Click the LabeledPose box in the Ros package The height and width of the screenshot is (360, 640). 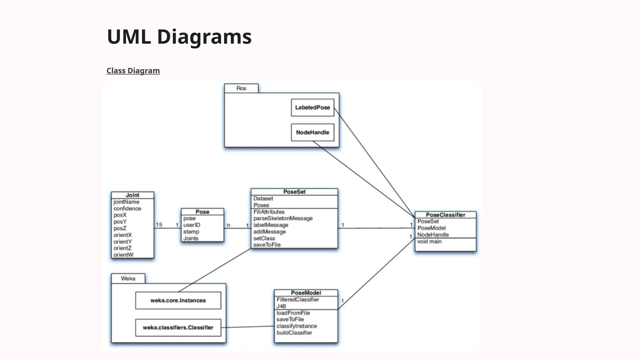point(312,107)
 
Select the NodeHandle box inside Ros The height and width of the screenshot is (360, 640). point(312,132)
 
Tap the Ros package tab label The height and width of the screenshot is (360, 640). point(241,88)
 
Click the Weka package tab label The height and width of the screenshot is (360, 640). point(128,278)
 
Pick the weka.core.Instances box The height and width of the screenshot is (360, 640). point(178,300)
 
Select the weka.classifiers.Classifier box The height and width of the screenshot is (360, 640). point(178,327)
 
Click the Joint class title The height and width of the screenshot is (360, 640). point(132,195)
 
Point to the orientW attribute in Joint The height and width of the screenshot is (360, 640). point(123,255)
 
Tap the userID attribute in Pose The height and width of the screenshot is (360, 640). point(192,225)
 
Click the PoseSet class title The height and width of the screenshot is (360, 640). point(294,192)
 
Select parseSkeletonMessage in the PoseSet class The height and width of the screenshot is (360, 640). point(283,218)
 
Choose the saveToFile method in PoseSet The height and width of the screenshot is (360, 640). point(267,245)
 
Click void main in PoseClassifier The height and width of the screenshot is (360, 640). point(429,242)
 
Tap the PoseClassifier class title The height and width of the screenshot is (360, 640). point(445,215)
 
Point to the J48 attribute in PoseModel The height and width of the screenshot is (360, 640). point(281,306)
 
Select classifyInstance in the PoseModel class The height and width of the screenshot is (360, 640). point(297,326)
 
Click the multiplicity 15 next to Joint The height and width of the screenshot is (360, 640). point(159,225)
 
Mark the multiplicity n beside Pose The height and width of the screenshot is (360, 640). point(228,225)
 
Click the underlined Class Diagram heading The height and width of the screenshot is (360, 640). point(133,71)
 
